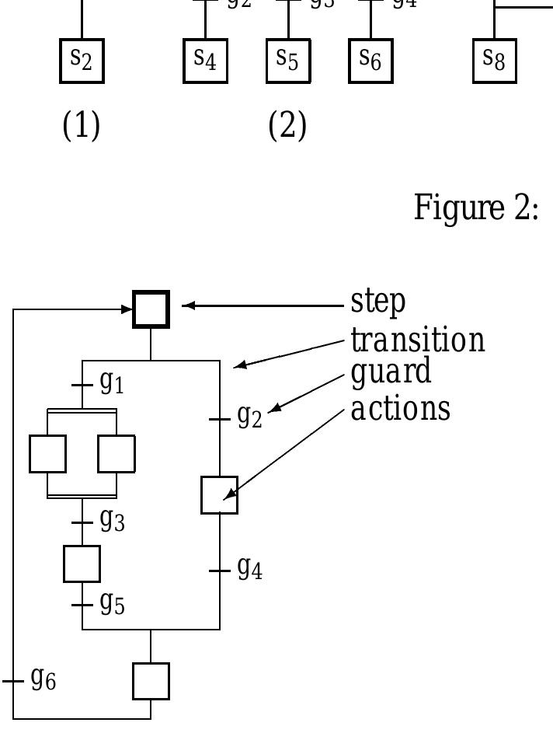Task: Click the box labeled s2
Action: click(x=82, y=61)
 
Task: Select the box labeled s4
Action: click(x=205, y=61)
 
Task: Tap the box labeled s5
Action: click(x=288, y=61)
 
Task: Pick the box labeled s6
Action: click(x=370, y=61)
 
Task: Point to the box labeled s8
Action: click(x=494, y=61)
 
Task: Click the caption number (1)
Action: click(x=82, y=126)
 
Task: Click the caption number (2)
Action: click(x=287, y=126)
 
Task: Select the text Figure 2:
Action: click(x=476, y=208)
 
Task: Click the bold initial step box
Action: click(x=151, y=309)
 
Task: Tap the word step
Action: click(x=378, y=302)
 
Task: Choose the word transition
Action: click(x=418, y=340)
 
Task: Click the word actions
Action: click(x=400, y=407)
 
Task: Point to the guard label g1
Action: click(x=112, y=383)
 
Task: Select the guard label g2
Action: click(x=249, y=417)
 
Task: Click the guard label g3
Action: click(x=112, y=521)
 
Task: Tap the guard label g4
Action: click(x=249, y=569)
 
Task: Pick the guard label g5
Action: click(x=112, y=603)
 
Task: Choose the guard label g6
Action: click(x=43, y=680)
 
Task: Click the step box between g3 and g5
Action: click(x=82, y=564)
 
